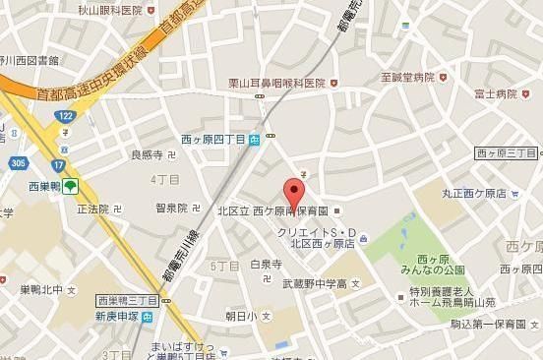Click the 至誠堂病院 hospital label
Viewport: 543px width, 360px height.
[x=407, y=77]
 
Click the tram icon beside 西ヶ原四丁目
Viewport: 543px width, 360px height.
[x=256, y=140]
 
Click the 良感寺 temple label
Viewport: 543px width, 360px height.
[x=146, y=155]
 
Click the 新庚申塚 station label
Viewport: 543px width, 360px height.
[x=117, y=317]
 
